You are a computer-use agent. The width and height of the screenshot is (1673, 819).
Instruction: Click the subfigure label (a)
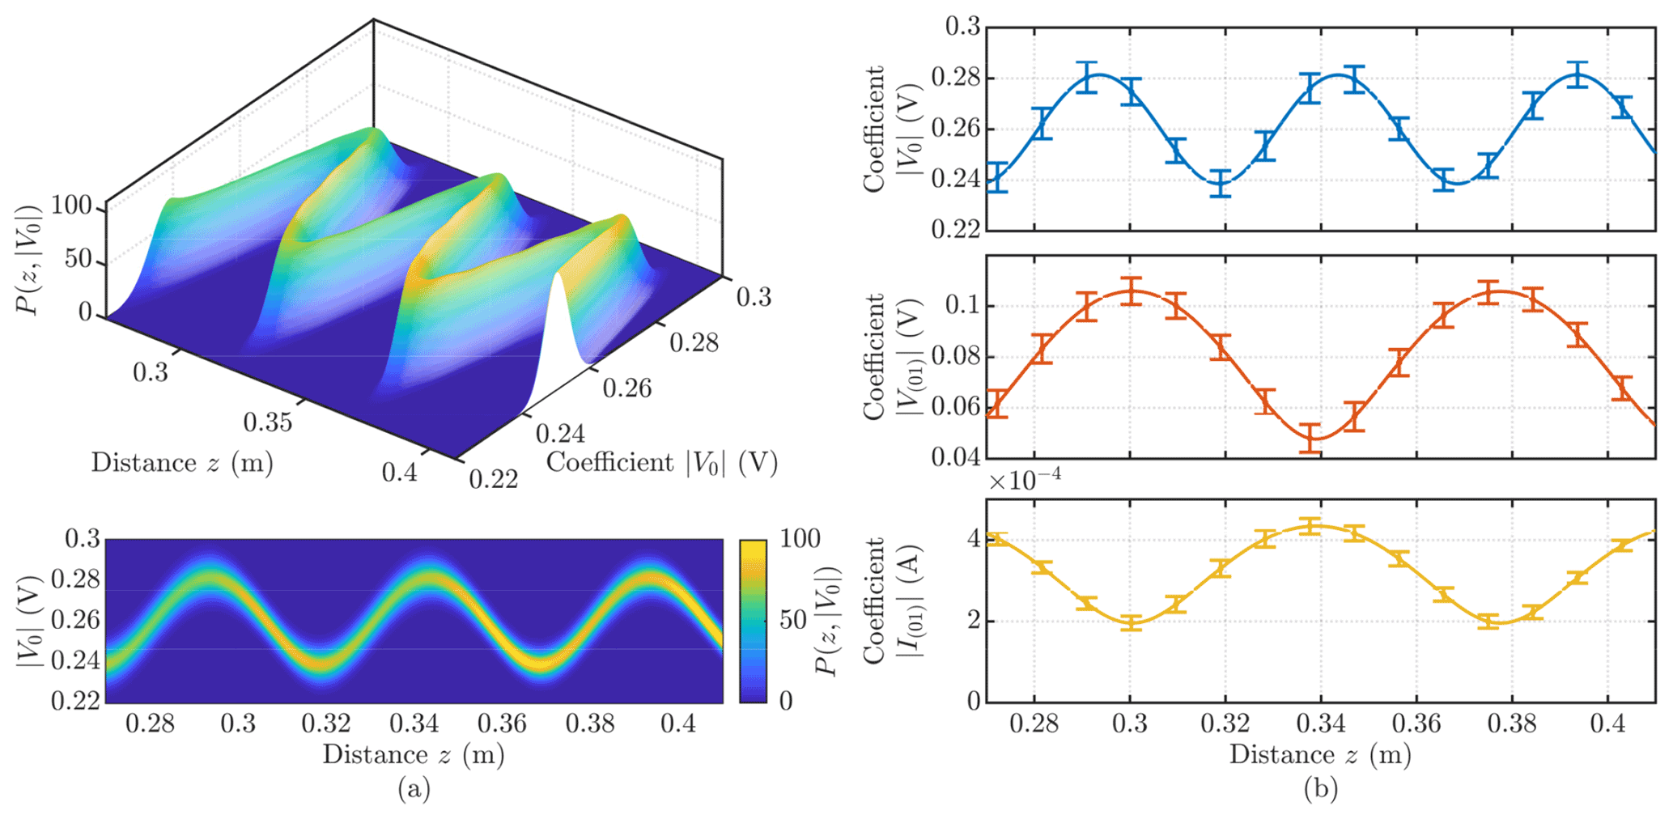click(x=414, y=788)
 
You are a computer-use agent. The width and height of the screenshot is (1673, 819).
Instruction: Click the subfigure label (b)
click(x=1320, y=788)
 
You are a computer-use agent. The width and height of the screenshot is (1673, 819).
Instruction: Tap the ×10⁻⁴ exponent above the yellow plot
click(x=1025, y=480)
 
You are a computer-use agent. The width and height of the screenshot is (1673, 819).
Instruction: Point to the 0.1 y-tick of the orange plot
click(x=962, y=306)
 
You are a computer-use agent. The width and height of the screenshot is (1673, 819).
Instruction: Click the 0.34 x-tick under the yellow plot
click(x=1321, y=724)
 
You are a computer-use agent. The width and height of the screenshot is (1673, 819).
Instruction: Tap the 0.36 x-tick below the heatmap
click(x=502, y=724)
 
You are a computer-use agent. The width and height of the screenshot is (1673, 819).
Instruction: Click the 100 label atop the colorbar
click(x=799, y=539)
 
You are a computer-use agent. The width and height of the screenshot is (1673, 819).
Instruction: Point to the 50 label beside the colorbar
click(x=793, y=620)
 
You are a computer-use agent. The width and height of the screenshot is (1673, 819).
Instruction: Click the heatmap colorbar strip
click(x=753, y=620)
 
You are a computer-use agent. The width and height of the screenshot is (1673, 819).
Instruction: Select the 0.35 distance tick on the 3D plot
click(x=268, y=422)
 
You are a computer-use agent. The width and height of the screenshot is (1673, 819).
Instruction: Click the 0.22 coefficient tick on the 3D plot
click(x=494, y=479)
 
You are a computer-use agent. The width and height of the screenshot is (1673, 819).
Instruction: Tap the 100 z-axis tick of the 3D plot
click(x=72, y=206)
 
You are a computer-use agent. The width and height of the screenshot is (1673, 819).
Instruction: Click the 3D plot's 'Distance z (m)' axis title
click(x=182, y=463)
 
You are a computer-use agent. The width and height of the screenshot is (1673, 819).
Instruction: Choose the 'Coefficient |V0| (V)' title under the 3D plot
click(x=662, y=463)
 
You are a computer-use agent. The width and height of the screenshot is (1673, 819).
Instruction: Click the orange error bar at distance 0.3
click(x=1132, y=291)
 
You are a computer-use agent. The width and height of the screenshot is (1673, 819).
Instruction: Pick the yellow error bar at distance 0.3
click(x=1132, y=622)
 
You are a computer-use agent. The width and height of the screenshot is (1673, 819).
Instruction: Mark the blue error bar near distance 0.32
click(x=1222, y=184)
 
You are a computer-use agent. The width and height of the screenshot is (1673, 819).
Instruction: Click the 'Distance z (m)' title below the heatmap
click(x=414, y=754)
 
